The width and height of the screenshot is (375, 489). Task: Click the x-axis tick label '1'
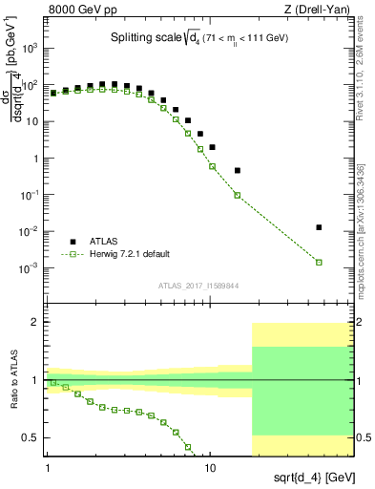pyautogui.click(x=48, y=467)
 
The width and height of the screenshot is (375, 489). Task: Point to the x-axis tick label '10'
pyautogui.click(x=211, y=467)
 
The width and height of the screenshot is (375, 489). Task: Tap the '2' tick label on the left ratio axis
pyautogui.click(x=35, y=323)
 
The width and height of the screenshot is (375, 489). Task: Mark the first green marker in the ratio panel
pyautogui.click(x=53, y=382)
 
